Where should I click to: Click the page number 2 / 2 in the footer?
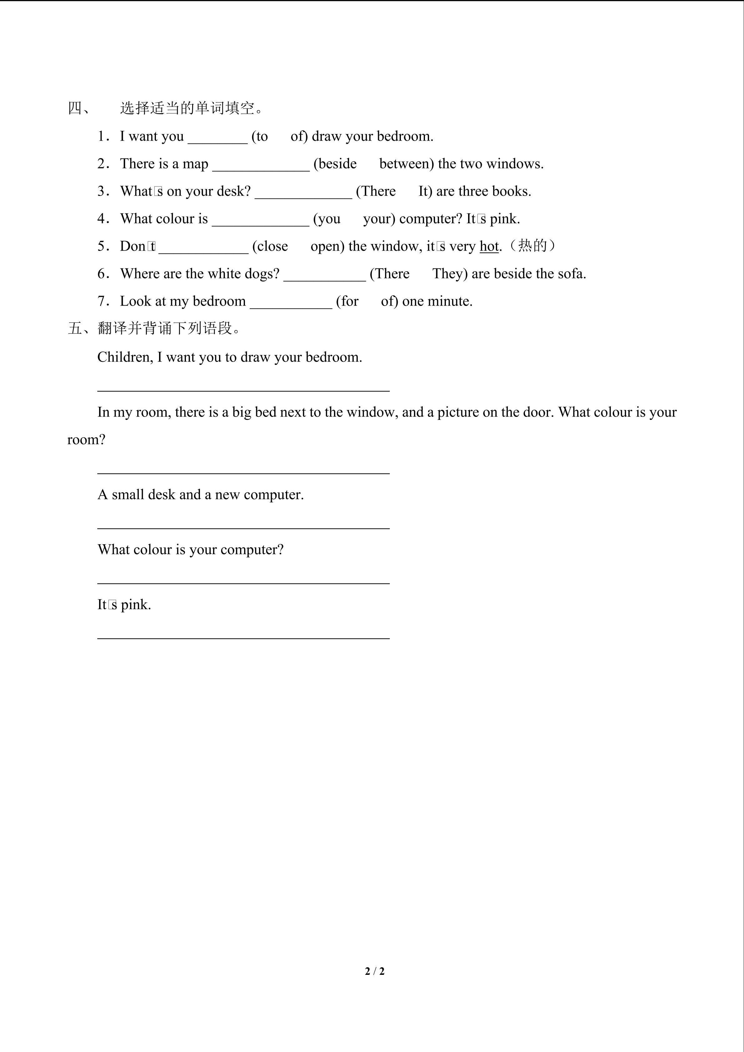click(374, 971)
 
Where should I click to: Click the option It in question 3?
click(424, 192)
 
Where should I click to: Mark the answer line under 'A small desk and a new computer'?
click(243, 527)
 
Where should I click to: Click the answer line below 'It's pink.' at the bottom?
click(243, 637)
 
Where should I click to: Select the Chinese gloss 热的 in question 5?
click(532, 246)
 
